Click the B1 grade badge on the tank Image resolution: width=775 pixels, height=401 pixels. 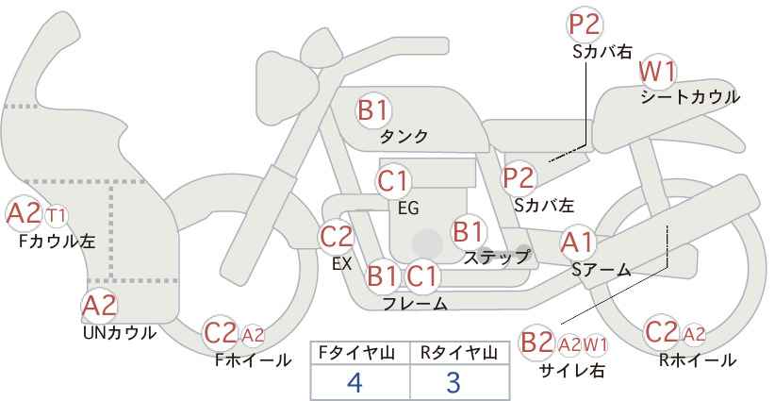pos(372,110)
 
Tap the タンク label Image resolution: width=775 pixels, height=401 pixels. pos(404,137)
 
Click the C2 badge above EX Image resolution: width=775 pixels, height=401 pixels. pos(337,237)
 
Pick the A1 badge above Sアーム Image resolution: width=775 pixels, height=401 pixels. pos(577,242)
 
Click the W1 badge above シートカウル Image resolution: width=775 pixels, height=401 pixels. pos(657,72)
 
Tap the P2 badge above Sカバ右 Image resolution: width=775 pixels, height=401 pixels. pos(585,25)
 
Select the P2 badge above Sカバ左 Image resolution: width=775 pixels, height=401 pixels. pos(519,176)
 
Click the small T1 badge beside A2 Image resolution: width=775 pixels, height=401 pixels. pos(57,214)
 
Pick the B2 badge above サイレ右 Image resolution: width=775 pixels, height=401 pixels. pos(537,343)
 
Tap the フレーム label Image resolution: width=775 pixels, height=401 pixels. pos(415,304)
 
